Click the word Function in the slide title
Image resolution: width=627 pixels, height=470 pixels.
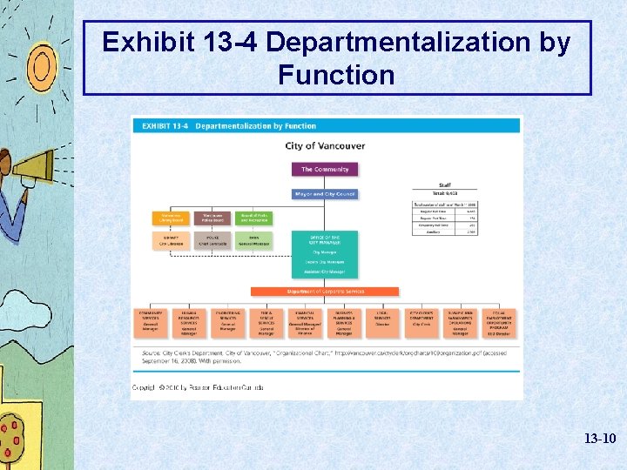click(336, 75)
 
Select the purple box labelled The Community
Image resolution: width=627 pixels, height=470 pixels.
click(325, 170)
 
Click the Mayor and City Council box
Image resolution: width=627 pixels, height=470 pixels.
click(325, 194)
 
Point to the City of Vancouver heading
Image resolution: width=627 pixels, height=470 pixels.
click(325, 146)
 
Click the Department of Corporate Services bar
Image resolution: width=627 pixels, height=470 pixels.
click(325, 292)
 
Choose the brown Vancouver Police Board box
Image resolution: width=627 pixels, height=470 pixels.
click(212, 218)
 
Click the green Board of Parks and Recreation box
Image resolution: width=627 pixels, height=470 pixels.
click(253, 218)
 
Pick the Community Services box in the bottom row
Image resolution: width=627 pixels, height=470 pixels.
click(151, 321)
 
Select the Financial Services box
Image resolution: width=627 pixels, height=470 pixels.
click(305, 321)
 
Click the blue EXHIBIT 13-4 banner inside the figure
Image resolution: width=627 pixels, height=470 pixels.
click(326, 125)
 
